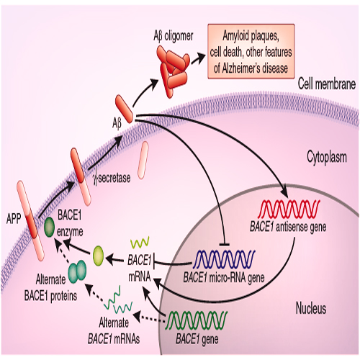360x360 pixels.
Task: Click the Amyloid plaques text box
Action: (251, 51)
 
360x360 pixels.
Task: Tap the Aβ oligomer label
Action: (174, 36)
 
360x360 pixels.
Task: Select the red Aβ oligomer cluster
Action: (174, 71)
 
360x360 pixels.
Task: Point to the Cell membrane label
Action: (327, 84)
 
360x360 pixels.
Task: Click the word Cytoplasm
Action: (327, 158)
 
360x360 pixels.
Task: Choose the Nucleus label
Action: (311, 308)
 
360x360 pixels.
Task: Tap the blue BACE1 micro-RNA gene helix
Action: (224, 259)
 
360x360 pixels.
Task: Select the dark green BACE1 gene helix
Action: (197, 320)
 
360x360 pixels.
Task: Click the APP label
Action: (14, 219)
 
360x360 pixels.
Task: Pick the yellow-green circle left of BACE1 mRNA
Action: (98, 256)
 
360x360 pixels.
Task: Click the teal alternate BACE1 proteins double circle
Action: (77, 272)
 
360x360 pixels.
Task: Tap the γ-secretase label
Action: (112, 179)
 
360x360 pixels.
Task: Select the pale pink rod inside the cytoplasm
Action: (143, 160)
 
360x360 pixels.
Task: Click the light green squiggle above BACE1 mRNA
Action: (140, 243)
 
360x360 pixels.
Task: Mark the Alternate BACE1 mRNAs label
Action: (114, 331)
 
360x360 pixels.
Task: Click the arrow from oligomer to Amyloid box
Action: (199, 58)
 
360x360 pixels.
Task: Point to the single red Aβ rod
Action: (124, 109)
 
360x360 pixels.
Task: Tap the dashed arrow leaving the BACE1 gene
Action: (150, 317)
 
